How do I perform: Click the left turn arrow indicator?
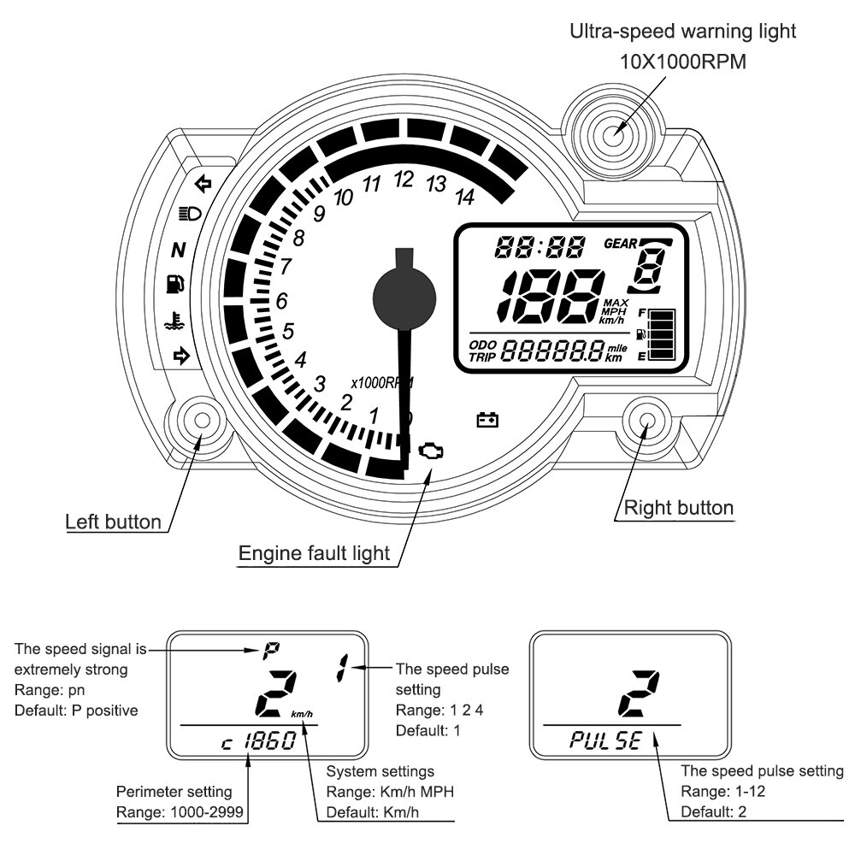tap(203, 182)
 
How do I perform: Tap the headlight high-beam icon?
tap(189, 214)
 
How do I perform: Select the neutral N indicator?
tap(178, 251)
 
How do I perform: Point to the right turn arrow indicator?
tap(180, 356)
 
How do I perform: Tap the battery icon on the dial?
tap(488, 420)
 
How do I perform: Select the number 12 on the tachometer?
tap(404, 180)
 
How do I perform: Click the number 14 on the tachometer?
tap(464, 198)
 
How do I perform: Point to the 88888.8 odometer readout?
tap(551, 351)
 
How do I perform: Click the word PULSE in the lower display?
tap(605, 740)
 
